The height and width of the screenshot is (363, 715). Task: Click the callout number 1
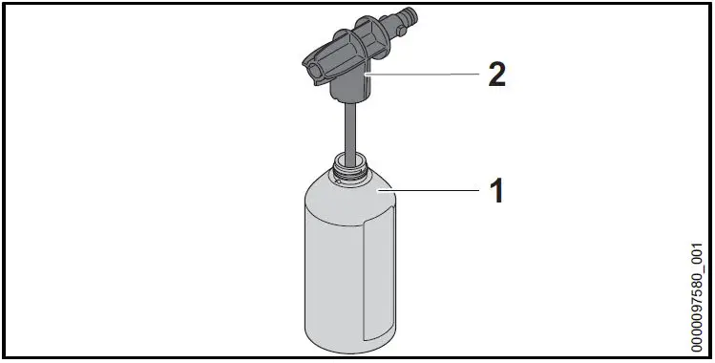[495, 191]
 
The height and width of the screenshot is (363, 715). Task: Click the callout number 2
[495, 74]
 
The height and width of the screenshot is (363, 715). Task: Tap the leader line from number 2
[420, 74]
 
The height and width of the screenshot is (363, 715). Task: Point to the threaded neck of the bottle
[349, 172]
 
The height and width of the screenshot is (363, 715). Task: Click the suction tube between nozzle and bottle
[349, 129]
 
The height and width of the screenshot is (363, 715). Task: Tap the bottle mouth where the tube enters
[349, 157]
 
